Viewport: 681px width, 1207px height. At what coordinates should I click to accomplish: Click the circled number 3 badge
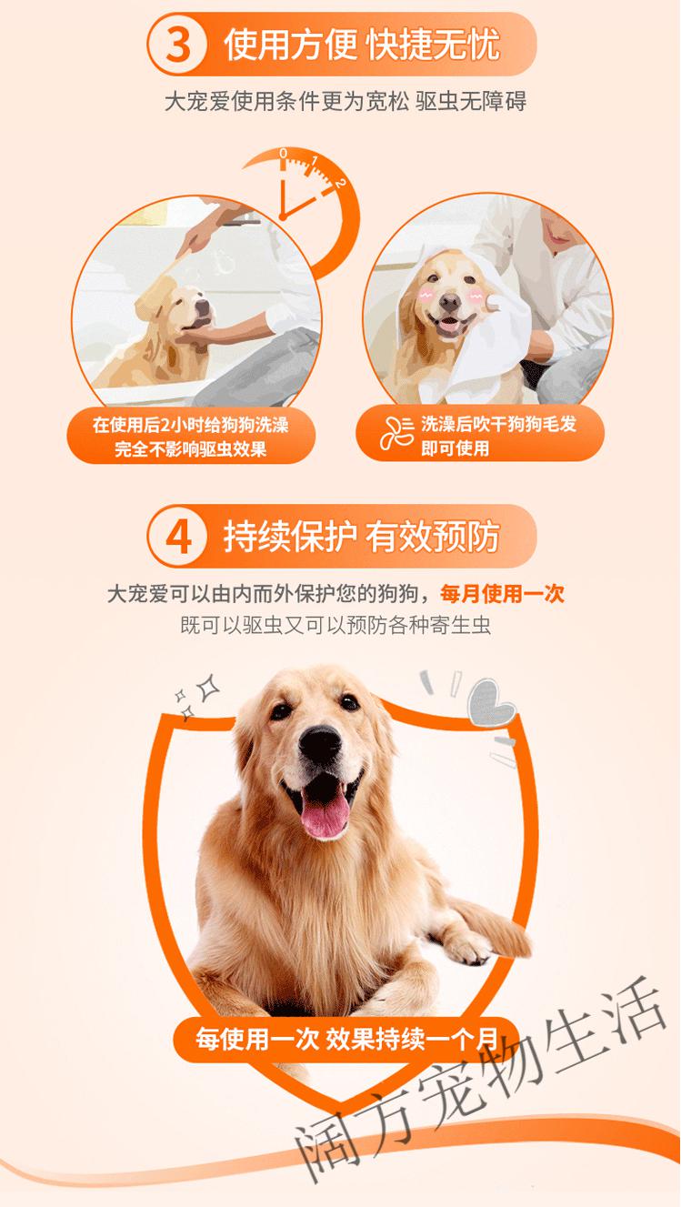point(177,45)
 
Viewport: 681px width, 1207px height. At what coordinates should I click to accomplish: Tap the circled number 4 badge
point(178,538)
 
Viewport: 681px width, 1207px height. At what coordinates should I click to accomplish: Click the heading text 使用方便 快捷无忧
point(361,45)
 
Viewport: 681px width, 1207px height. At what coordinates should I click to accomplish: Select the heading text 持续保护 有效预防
point(361,538)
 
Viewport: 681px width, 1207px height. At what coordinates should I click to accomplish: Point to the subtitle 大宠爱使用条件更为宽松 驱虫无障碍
point(345,101)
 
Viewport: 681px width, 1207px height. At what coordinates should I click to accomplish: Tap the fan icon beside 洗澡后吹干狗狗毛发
point(397,436)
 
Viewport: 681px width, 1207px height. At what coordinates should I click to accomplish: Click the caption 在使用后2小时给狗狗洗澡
point(190,425)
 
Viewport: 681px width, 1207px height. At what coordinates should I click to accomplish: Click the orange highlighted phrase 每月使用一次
point(502,594)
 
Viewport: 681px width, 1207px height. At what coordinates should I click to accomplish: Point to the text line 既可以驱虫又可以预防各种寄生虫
point(336,626)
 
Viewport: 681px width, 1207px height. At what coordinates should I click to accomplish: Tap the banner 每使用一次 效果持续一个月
point(346,1037)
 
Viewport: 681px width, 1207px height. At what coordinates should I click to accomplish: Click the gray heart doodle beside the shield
point(492,702)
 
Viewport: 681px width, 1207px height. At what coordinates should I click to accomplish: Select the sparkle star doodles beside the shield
point(197,696)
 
